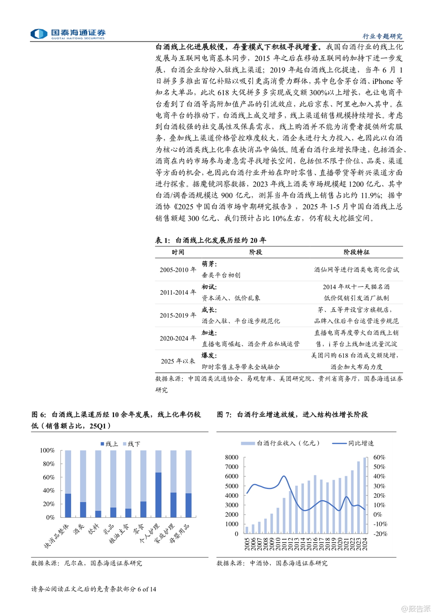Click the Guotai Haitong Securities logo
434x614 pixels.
tap(68, 34)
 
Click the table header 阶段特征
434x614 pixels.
tap(356, 252)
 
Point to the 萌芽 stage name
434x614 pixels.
tap(209, 264)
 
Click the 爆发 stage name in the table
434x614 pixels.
tap(209, 355)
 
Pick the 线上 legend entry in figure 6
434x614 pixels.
tap(109, 444)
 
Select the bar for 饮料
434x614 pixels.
tap(98, 514)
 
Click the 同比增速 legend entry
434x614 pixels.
tap(353, 443)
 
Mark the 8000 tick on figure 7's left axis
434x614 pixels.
tap(232, 457)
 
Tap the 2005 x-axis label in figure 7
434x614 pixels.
tap(247, 544)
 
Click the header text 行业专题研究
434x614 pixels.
tap(382, 36)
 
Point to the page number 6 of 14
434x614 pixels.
tap(147, 589)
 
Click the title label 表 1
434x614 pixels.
tap(162, 240)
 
